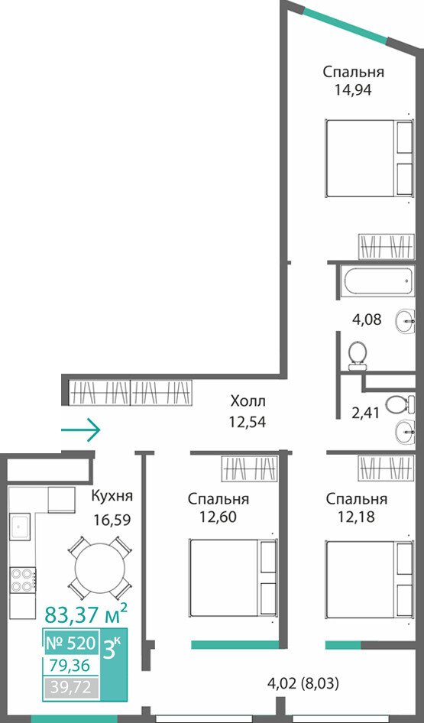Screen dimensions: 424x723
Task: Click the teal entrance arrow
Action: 81,430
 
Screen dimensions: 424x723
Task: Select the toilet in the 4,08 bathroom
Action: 358,355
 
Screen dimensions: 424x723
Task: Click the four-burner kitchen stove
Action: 23,579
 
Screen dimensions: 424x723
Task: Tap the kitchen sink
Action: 20,527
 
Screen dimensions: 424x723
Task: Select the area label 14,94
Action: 354,89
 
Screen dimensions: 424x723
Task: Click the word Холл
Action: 248,401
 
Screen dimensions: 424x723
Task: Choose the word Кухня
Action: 112,497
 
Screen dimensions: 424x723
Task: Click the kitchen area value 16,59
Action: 112,520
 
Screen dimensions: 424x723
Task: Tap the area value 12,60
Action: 218,517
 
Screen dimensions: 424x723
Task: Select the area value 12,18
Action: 356,517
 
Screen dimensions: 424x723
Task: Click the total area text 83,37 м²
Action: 86,614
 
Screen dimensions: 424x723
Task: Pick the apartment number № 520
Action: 70,642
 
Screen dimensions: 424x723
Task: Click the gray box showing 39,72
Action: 71,688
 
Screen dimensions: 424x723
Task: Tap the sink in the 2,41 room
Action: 406,432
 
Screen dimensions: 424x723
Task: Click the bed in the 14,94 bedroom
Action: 369,159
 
